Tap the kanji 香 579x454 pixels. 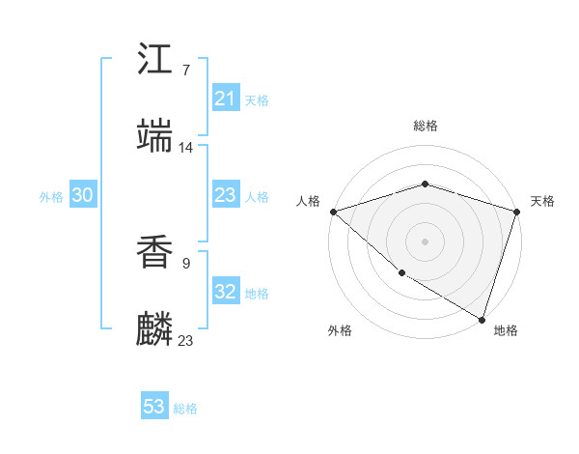(x=155, y=253)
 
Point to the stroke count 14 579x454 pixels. (x=186, y=147)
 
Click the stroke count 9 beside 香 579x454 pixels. (x=185, y=262)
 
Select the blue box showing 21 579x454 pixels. (x=226, y=98)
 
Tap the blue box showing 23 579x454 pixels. (x=226, y=195)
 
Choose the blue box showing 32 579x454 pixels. (x=226, y=292)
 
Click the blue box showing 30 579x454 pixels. (x=83, y=195)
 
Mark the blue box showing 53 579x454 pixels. (x=154, y=407)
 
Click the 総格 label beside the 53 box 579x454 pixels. (x=185, y=409)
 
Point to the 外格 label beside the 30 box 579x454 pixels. (x=51, y=197)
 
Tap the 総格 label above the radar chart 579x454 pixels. (x=426, y=126)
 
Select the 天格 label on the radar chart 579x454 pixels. (x=543, y=201)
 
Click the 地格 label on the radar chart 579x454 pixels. (x=506, y=330)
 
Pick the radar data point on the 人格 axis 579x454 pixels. (x=333, y=212)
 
